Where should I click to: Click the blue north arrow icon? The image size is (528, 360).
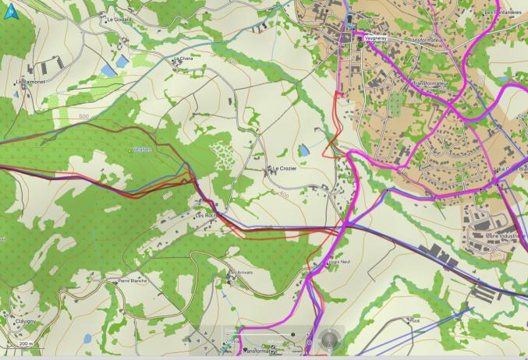coord(9,12)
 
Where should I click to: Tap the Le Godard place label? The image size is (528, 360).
coord(120,19)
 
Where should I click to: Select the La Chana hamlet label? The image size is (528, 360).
coord(186,58)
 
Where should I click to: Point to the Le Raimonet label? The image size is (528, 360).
coord(31,80)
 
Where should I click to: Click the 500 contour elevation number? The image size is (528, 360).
coord(83,116)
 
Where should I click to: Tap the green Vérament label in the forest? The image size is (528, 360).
coord(141,149)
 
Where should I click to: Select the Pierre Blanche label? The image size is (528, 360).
coord(132,280)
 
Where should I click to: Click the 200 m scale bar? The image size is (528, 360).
coord(26,344)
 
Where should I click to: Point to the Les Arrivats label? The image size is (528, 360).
coord(242,273)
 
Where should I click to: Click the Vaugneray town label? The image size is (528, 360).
coord(376,37)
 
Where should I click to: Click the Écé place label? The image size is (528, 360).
coord(415,320)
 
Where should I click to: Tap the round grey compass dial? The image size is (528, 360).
coord(331,340)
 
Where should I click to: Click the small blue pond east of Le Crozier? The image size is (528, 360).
coord(304,149)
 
